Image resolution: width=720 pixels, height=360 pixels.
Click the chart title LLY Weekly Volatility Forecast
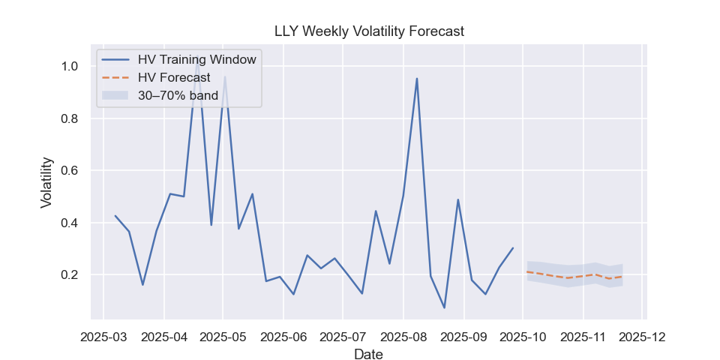pos(368,31)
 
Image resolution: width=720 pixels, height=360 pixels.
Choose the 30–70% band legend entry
pos(178,95)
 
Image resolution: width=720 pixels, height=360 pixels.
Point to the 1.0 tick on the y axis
pos(70,66)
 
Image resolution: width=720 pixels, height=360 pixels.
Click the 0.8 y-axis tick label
pos(70,118)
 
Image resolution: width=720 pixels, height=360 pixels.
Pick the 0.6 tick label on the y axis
pos(70,170)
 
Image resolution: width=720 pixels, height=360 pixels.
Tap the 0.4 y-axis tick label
pos(70,223)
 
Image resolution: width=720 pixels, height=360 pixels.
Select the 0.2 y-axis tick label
pos(70,274)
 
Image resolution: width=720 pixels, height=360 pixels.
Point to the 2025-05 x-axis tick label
pos(223,337)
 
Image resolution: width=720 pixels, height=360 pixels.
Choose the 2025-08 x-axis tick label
pos(403,337)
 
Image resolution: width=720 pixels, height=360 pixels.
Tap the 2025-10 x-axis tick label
pos(523,337)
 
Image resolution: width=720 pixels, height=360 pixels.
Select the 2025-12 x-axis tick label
pos(643,337)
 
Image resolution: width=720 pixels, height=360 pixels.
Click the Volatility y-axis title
pos(46,182)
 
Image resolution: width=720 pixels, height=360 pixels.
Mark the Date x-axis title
pos(368,354)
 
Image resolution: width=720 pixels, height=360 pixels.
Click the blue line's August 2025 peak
pos(417,79)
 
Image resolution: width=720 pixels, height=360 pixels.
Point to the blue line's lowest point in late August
pos(444,307)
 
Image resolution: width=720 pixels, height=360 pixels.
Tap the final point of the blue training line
pos(513,248)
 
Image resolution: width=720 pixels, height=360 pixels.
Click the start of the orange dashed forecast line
pos(527,271)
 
